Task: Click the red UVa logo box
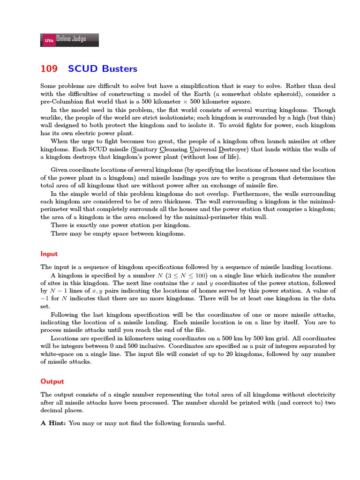point(49,41)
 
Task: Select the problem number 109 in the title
point(49,69)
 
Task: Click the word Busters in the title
point(120,69)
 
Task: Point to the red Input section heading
point(49,254)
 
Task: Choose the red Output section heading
point(52,382)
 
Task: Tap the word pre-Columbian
point(60,102)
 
